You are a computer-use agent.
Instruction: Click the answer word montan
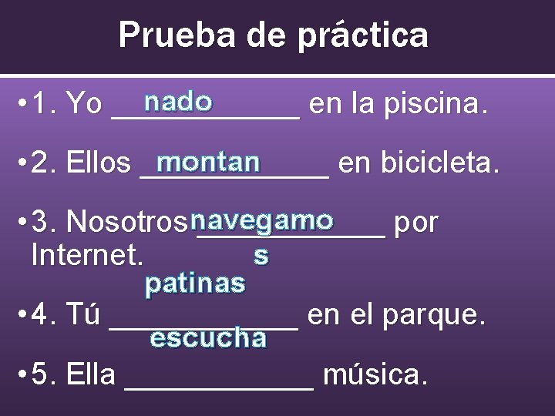(207, 163)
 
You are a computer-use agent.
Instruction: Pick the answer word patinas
(196, 284)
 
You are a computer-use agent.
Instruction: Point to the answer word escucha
(208, 338)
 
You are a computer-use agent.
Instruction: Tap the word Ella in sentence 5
(91, 375)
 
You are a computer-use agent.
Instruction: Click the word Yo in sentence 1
(84, 104)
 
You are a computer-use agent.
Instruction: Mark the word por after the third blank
(416, 223)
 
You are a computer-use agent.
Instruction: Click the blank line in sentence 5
(219, 385)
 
